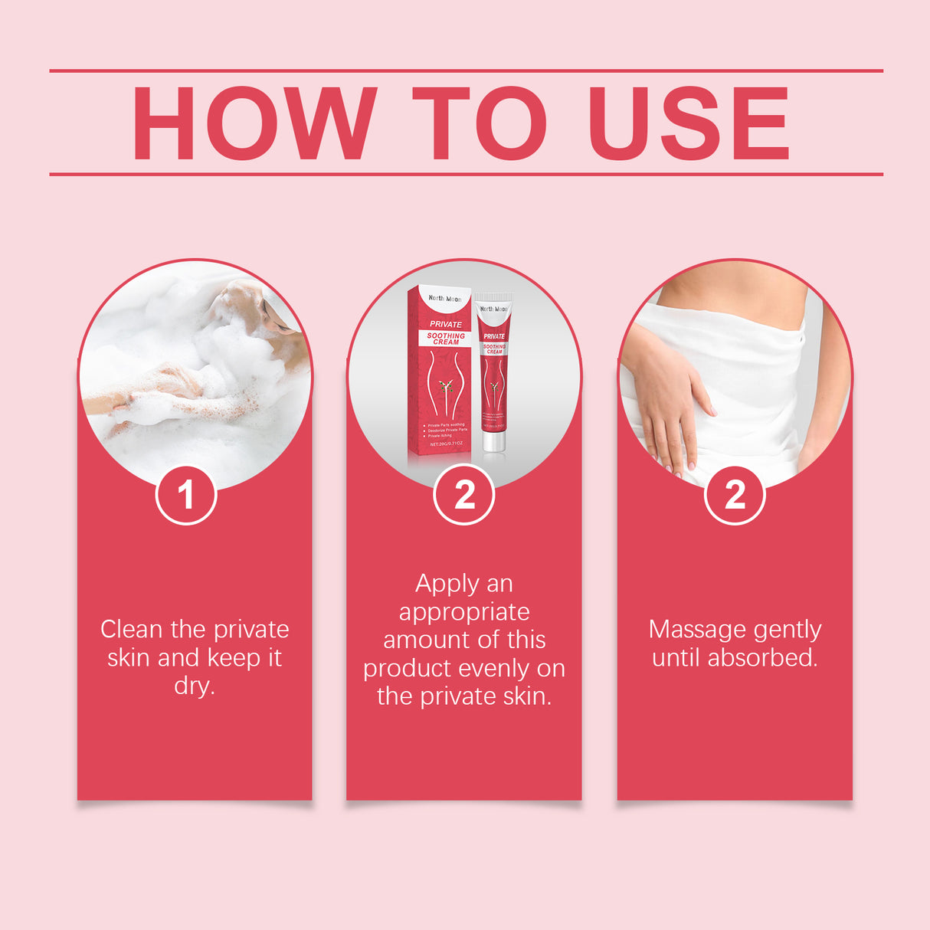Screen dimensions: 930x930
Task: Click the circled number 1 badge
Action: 186,495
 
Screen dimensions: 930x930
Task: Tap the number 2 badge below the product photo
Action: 464,495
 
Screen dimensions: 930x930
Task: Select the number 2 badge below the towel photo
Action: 735,495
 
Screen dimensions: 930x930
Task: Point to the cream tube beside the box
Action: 494,368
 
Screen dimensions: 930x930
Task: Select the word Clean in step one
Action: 132,630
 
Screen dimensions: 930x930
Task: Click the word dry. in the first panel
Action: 195,685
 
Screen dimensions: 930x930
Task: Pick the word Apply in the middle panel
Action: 447,585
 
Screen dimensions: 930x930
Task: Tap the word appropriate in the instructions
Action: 464,612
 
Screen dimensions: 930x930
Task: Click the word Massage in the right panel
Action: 694,630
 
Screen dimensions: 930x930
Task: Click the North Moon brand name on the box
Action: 445,299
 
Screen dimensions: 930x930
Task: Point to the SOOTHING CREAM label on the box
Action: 446,339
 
